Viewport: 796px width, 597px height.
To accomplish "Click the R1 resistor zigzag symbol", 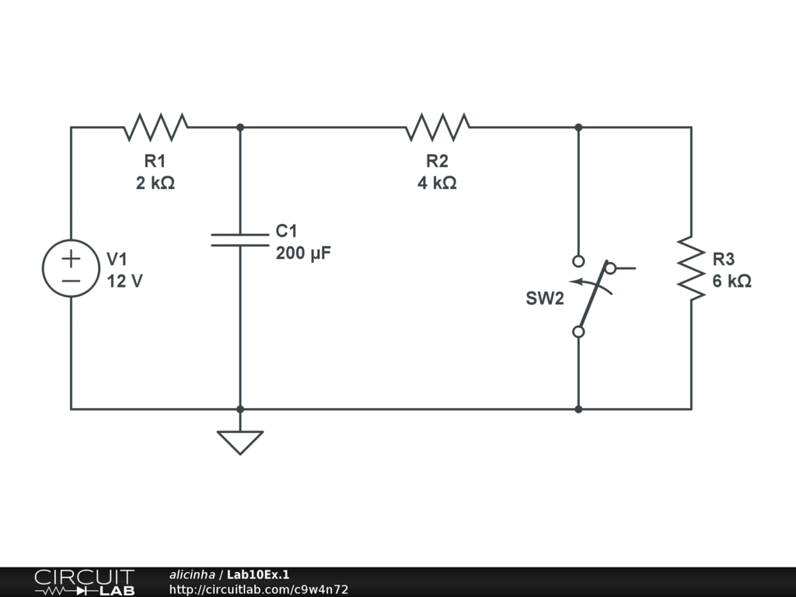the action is [x=155, y=127].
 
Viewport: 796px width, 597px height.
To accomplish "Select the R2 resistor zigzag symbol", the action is [x=438, y=127].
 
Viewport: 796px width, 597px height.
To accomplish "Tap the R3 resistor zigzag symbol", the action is [x=691, y=268].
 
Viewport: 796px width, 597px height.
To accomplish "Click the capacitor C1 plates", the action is [x=240, y=240].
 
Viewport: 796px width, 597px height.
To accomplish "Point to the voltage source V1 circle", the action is [x=71, y=268].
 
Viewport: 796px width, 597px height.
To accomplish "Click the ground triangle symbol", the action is [x=240, y=442].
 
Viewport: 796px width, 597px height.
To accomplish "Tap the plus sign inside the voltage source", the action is [x=71, y=259].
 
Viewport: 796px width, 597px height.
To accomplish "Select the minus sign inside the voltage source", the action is [x=71, y=281].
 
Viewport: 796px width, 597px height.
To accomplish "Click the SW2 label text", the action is [x=545, y=298].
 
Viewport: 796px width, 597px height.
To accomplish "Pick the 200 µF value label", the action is [x=303, y=253].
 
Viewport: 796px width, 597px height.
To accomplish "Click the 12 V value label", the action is [x=125, y=281].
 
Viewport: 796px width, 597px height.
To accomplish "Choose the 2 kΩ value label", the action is [x=155, y=183].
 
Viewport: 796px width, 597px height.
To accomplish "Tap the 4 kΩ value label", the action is [x=437, y=183].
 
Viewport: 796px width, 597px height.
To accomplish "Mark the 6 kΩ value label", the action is [x=731, y=281].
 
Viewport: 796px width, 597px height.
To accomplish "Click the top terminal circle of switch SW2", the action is [x=578, y=261].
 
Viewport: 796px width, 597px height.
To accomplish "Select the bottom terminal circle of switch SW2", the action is [x=578, y=331].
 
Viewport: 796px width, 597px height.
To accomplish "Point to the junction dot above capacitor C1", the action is [x=240, y=127].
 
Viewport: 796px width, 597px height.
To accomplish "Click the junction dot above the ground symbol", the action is [x=240, y=409].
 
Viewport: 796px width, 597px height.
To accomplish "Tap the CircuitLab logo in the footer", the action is [x=85, y=582].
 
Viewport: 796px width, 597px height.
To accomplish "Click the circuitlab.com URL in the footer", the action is [x=259, y=589].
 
